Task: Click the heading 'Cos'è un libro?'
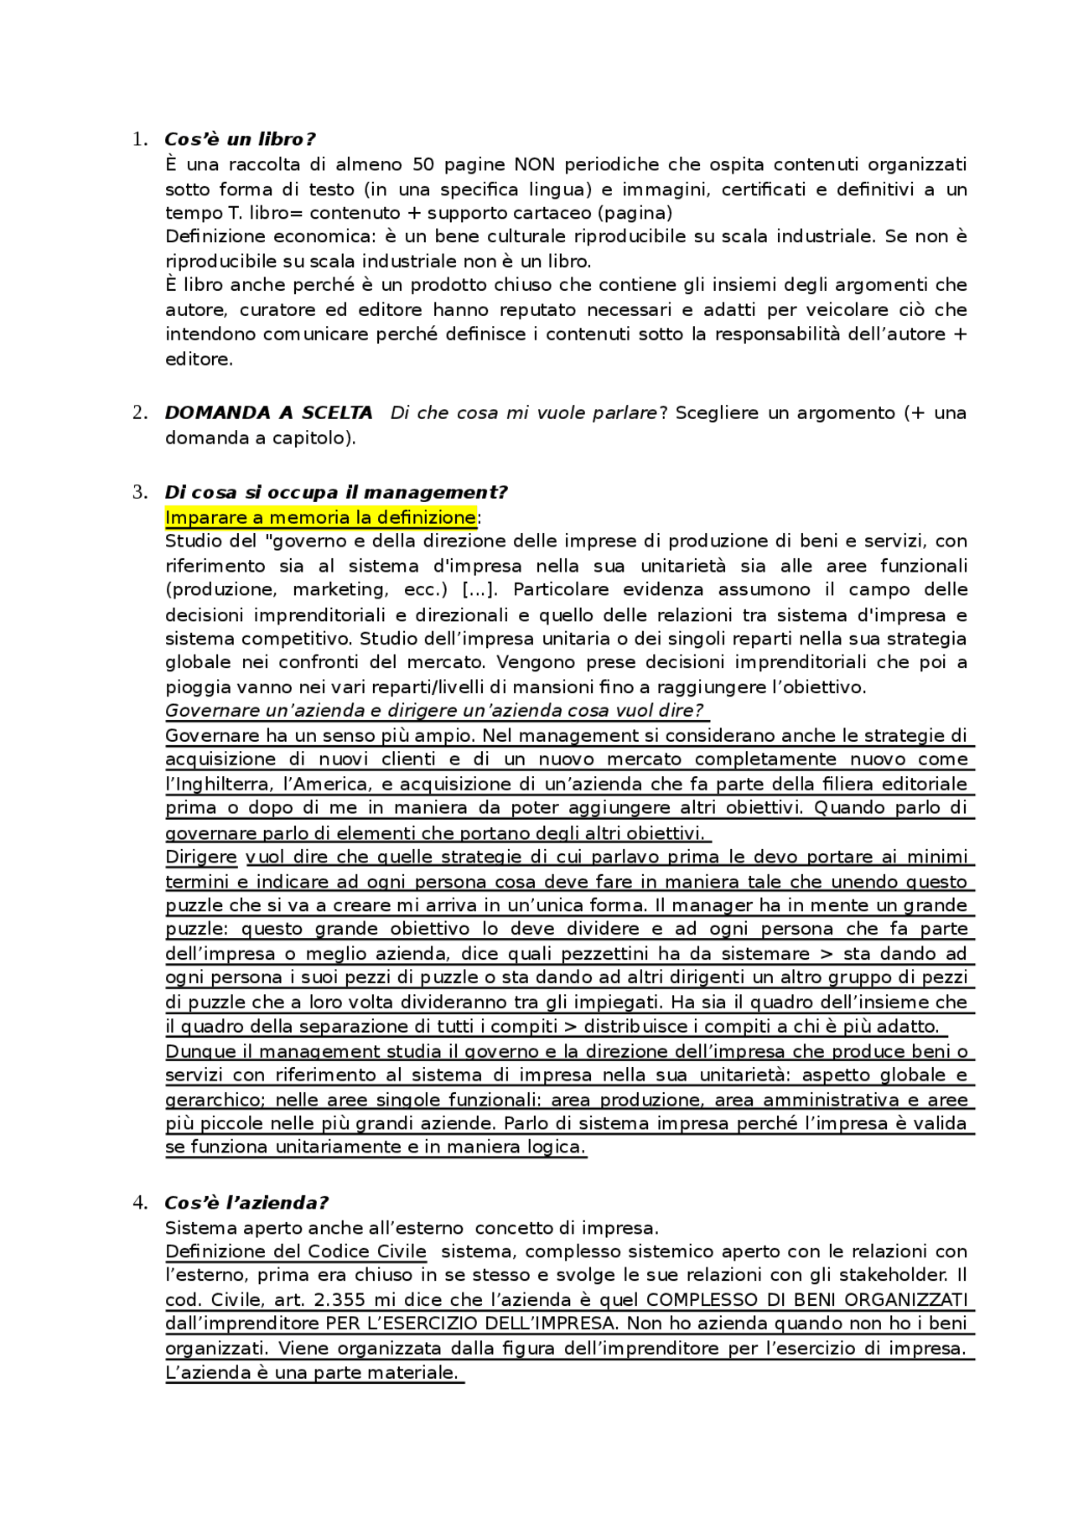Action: pos(240,139)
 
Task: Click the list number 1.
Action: pos(139,140)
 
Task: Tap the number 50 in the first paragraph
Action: pos(423,164)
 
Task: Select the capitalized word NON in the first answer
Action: pos(534,164)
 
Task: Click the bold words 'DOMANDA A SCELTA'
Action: pos(268,413)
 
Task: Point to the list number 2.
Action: pos(139,413)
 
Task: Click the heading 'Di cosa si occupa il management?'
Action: pos(335,493)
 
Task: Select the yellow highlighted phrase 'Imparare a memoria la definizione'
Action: pos(320,517)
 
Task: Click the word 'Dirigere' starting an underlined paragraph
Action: pos(201,857)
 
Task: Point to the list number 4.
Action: pos(139,1203)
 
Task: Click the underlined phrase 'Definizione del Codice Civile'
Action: pos(296,1251)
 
